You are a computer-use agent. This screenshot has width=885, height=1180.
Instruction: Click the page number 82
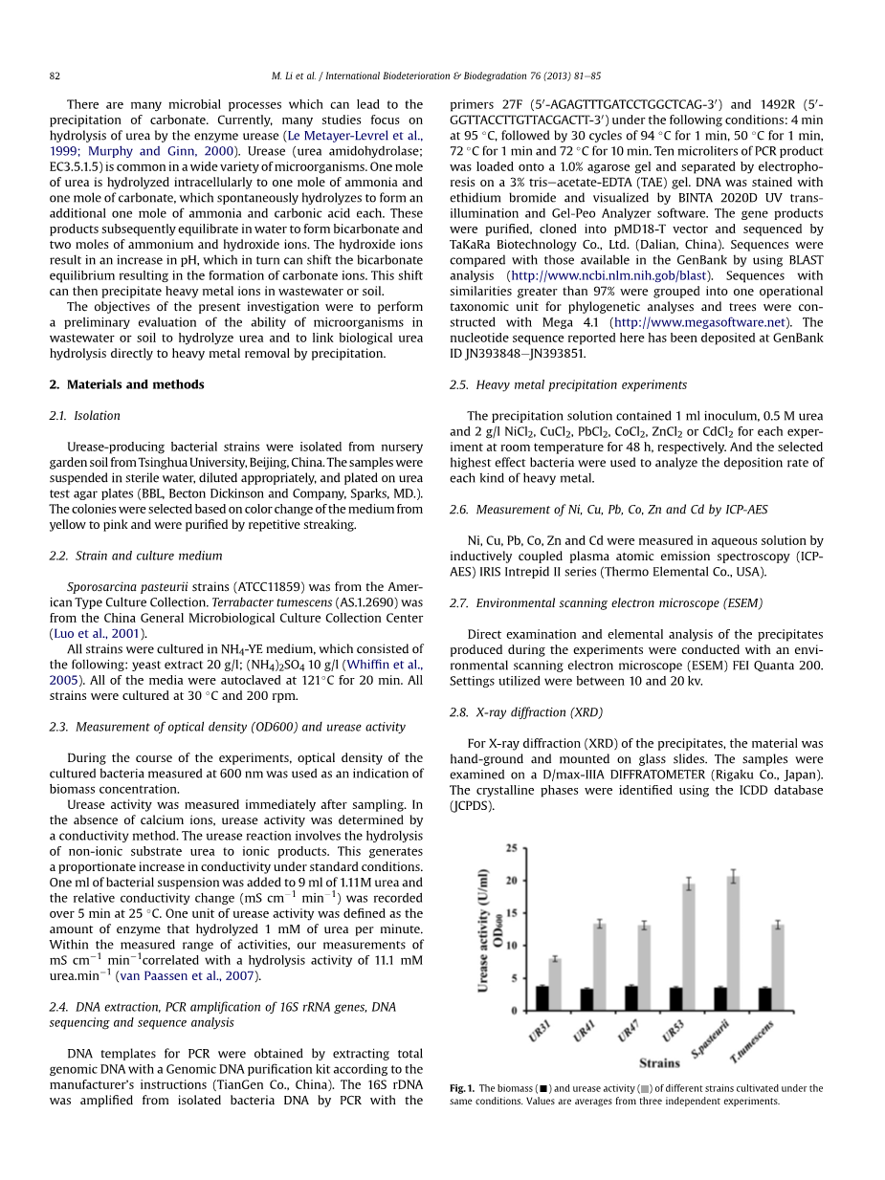click(55, 76)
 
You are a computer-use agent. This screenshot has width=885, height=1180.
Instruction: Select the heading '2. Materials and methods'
click(126, 384)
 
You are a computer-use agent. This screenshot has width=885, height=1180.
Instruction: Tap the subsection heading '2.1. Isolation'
click(84, 416)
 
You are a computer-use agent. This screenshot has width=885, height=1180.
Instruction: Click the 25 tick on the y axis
click(512, 848)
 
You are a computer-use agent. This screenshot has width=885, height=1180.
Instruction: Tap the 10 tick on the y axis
click(512, 946)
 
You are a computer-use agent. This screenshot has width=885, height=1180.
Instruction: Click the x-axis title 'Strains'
click(659, 1062)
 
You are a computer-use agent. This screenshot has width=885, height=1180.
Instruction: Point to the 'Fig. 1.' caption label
click(462, 1088)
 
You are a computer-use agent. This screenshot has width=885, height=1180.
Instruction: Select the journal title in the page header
click(436, 76)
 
